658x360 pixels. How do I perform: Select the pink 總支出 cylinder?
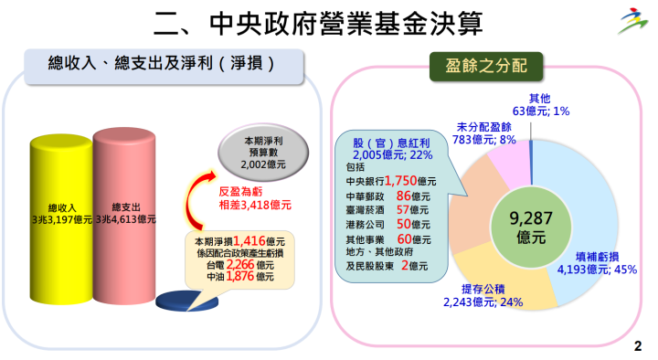(x=128, y=215)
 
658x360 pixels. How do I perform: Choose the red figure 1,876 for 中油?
(x=240, y=276)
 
